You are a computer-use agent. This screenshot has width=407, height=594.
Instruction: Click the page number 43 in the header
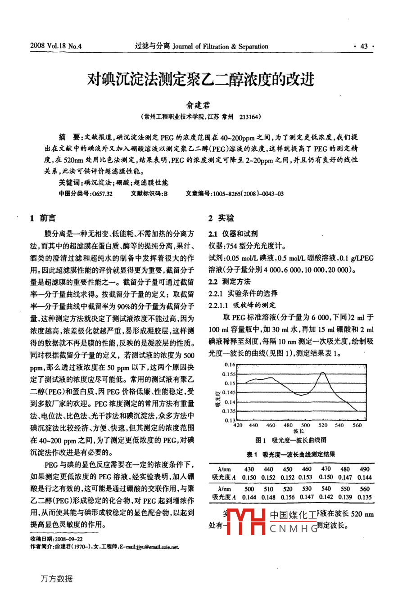364,46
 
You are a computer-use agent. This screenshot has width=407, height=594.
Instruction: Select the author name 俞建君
198,105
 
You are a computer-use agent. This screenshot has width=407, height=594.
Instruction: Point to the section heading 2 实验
221,218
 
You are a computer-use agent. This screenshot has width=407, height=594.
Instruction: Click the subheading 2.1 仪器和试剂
233,234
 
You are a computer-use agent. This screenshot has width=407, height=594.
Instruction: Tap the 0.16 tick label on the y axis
230,364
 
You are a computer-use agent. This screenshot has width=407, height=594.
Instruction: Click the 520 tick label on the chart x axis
323,425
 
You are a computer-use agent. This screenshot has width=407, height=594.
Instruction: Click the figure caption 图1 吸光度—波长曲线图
291,440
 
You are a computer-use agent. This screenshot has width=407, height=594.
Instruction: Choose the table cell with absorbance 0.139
345,497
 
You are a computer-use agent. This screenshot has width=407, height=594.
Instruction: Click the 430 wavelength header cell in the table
249,469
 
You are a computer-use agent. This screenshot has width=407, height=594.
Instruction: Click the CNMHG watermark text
294,529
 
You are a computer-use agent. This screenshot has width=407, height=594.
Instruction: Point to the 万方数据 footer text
56,579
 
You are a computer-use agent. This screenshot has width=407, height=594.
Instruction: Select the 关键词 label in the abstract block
70,182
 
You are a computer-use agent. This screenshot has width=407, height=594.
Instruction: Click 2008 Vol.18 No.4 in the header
56,46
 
